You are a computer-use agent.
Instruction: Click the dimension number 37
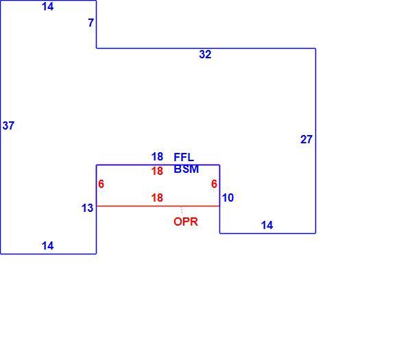pyautogui.click(x=8, y=125)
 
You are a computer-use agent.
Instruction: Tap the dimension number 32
pyautogui.click(x=205, y=54)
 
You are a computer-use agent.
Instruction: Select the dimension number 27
pyautogui.click(x=306, y=139)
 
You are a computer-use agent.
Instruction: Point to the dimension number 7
pyautogui.click(x=90, y=23)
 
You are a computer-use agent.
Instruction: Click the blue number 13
pyautogui.click(x=87, y=208)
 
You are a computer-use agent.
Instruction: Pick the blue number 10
pyautogui.click(x=228, y=197)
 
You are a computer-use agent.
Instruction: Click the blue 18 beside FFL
pyautogui.click(x=157, y=156)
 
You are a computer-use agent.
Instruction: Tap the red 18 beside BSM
pyautogui.click(x=157, y=171)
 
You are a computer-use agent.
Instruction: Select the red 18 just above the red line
pyautogui.click(x=157, y=197)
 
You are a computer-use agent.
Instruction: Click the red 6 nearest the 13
pyautogui.click(x=101, y=184)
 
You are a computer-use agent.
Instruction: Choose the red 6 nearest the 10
pyautogui.click(x=214, y=184)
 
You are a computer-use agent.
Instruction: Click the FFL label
pyautogui.click(x=184, y=157)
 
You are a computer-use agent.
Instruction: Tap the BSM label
pyautogui.click(x=186, y=169)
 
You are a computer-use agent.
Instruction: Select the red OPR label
pyautogui.click(x=186, y=221)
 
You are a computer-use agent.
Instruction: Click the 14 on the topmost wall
pyautogui.click(x=47, y=6)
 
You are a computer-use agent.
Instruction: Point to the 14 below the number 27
pyautogui.click(x=267, y=225)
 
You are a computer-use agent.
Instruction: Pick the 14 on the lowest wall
pyautogui.click(x=47, y=246)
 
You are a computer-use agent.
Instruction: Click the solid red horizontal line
pyautogui.click(x=158, y=206)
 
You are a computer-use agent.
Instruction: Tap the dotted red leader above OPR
pyautogui.click(x=182, y=211)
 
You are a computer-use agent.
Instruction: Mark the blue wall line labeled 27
pyautogui.click(x=315, y=141)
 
